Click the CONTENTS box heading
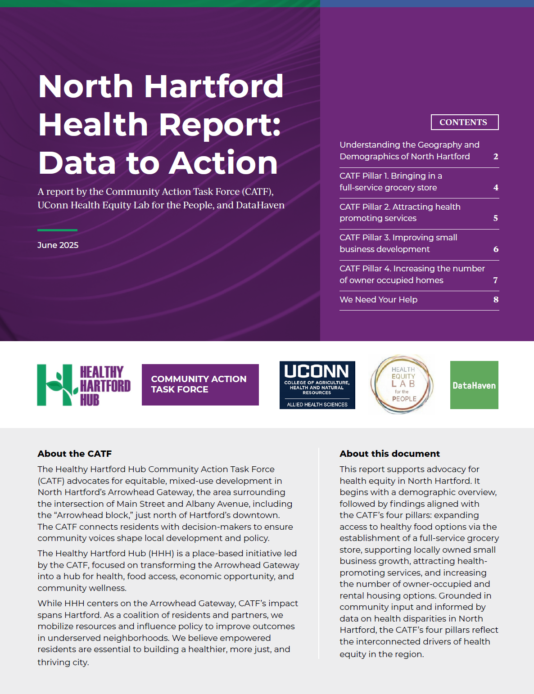tap(464, 122)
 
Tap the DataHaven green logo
tap(474, 385)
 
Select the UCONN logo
tap(317, 385)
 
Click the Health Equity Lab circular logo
tap(402, 384)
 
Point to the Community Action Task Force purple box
tap(200, 384)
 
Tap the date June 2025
tap(58, 245)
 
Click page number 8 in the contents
tap(496, 299)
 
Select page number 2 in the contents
tap(496, 157)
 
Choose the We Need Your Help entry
tap(378, 299)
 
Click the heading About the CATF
tap(74, 454)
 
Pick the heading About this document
tap(389, 454)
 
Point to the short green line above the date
tap(57, 230)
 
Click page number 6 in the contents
tap(496, 249)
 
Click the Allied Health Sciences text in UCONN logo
tap(317, 405)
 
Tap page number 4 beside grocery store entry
tap(496, 188)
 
